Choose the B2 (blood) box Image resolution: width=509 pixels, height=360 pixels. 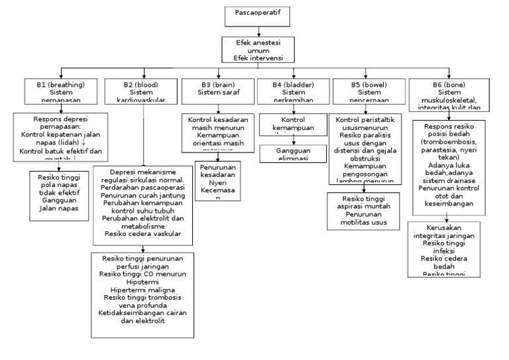pos(142,91)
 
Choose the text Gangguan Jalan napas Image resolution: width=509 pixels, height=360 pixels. pos(60,204)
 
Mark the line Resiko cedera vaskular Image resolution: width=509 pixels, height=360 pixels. pos(143,233)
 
